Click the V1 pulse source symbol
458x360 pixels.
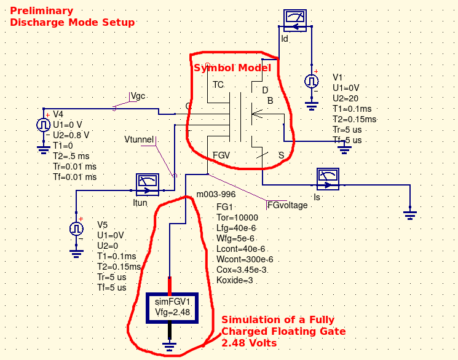tap(312, 81)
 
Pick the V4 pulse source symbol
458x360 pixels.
tap(44, 124)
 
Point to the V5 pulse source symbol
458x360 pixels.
tap(76, 229)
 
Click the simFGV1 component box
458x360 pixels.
tap(171, 307)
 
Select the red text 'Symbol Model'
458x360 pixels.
tap(232, 68)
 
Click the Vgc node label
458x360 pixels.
tap(138, 96)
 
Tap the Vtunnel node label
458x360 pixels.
tap(139, 140)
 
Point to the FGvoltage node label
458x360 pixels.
tap(287, 205)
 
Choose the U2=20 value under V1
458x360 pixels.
tap(345, 98)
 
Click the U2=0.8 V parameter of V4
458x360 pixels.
tap(71, 135)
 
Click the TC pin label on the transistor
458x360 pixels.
tap(218, 85)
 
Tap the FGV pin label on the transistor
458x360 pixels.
tap(221, 155)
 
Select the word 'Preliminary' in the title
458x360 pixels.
tap(41, 10)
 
